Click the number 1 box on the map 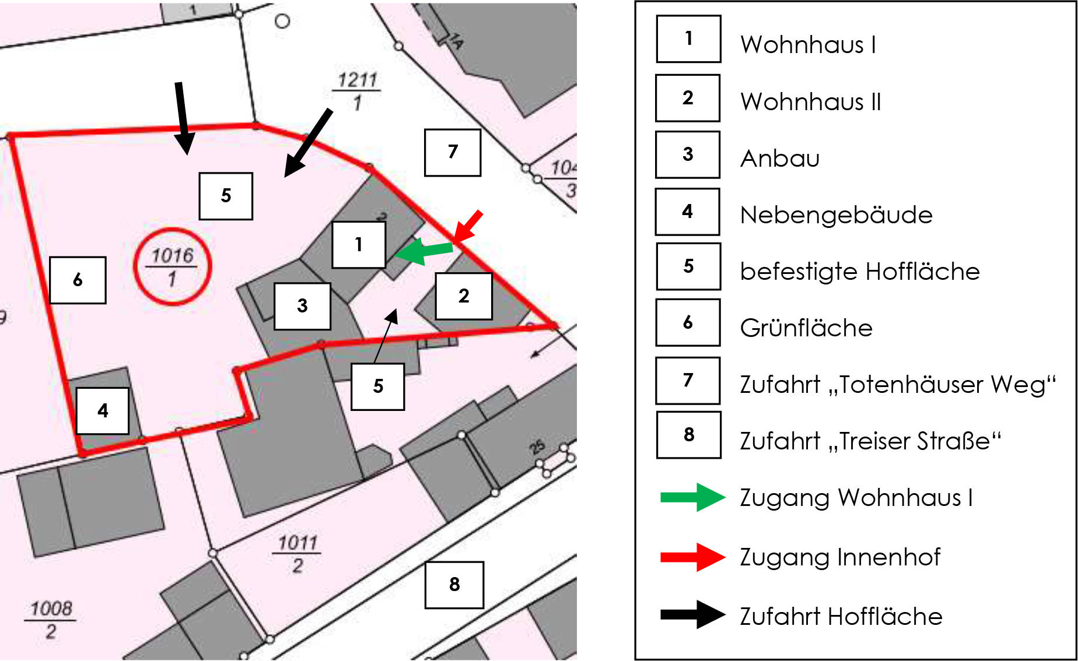[x=359, y=245]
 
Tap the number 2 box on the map [x=464, y=296]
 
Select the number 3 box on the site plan [x=302, y=306]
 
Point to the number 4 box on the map [x=103, y=411]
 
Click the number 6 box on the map [x=78, y=280]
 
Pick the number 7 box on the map [x=453, y=152]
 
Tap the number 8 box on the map [x=454, y=585]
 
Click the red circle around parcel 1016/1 [x=172, y=266]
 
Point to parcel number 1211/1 [x=357, y=91]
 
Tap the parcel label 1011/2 [x=297, y=554]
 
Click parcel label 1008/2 [x=51, y=620]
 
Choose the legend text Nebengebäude [x=836, y=215]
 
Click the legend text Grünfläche [x=806, y=328]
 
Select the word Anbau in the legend [x=780, y=159]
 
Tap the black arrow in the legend [x=692, y=614]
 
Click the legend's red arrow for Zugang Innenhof [x=692, y=557]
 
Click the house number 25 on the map [x=537, y=448]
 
